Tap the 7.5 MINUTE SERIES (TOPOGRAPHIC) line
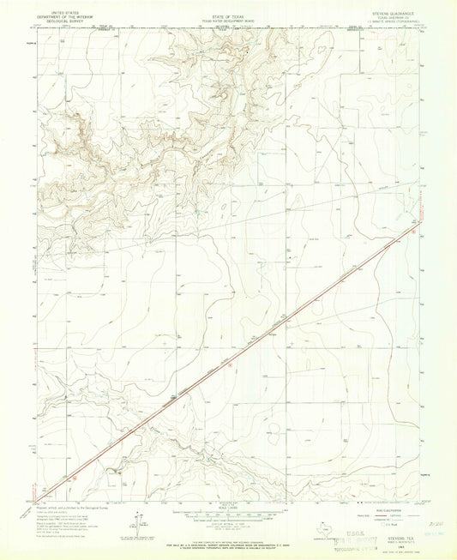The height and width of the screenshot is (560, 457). click(394, 21)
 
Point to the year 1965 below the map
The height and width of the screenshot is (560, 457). click(394, 542)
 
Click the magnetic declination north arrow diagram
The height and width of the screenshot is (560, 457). click(139, 521)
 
